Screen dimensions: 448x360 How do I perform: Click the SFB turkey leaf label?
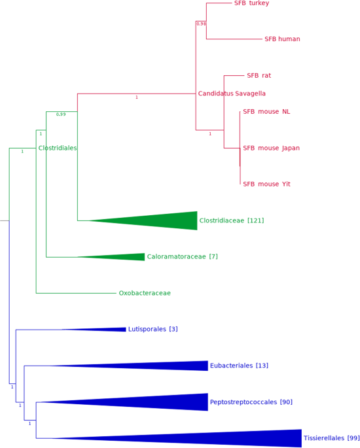(x=251, y=3)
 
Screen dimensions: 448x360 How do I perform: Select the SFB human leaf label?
(x=282, y=39)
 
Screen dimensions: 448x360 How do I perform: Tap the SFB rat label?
(x=259, y=76)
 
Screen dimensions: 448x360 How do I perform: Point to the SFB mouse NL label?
(x=266, y=112)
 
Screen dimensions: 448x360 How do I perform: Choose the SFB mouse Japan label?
(x=271, y=148)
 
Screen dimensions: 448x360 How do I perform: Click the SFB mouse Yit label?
(x=266, y=184)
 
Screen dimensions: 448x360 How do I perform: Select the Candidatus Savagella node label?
(x=232, y=94)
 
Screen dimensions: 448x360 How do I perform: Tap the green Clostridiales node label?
(x=58, y=148)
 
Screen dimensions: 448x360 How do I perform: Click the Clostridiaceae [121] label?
(x=232, y=221)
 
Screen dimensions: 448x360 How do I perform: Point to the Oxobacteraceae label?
(x=145, y=294)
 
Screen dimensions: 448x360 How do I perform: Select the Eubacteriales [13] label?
(x=239, y=366)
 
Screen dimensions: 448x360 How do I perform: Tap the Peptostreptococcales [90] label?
(x=251, y=402)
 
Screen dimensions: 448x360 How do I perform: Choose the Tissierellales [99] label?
(x=331, y=438)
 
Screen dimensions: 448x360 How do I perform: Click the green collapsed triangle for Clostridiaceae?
(x=164, y=221)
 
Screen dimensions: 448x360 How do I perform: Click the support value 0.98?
(x=201, y=24)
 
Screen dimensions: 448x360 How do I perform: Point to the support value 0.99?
(x=61, y=114)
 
